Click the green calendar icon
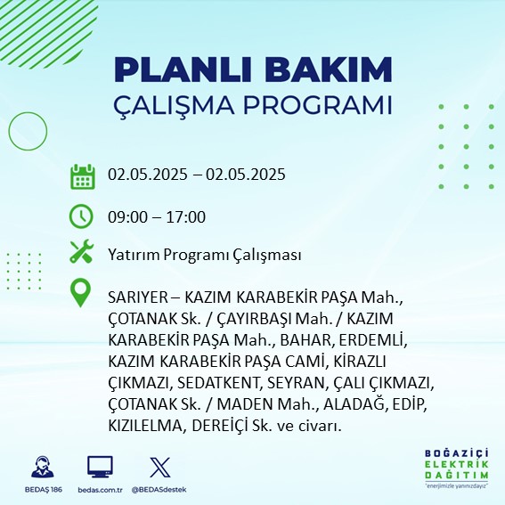pyautogui.click(x=83, y=176)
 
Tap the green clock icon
pyautogui.click(x=81, y=216)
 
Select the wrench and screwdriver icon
pyautogui.click(x=82, y=251)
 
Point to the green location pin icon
pyautogui.click(x=80, y=292)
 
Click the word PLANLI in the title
pyautogui.click(x=183, y=69)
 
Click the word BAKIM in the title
pyautogui.click(x=328, y=69)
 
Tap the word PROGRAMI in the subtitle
pyautogui.click(x=317, y=105)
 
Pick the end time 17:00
pyautogui.click(x=186, y=216)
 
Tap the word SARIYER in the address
pyautogui.click(x=138, y=297)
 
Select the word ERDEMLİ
pyautogui.click(x=373, y=340)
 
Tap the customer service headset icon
pyautogui.click(x=43, y=467)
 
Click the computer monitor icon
pyautogui.click(x=100, y=467)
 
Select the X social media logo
pyautogui.click(x=160, y=467)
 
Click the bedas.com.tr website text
pyautogui.click(x=100, y=490)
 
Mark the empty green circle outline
pyautogui.click(x=9, y=131)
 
